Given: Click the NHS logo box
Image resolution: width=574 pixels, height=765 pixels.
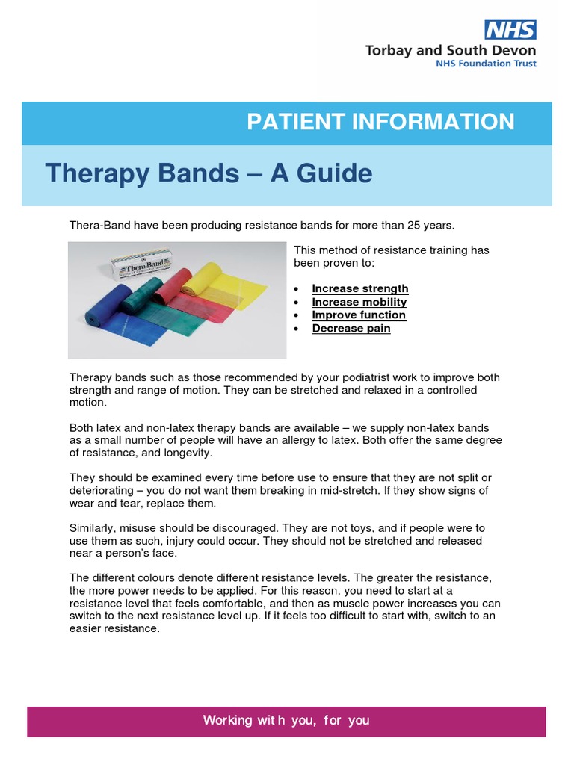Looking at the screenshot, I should (x=510, y=30).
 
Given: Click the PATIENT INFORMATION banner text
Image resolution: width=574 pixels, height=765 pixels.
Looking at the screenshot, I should (x=380, y=122).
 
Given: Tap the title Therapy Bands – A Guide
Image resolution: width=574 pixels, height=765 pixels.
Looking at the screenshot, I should (x=209, y=174).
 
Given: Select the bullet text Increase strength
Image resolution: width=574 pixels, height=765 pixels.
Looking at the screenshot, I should (x=360, y=289).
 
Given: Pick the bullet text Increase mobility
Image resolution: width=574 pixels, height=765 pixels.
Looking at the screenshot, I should (x=359, y=302).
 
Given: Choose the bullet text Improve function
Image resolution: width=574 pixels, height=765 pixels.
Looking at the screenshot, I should (x=359, y=315).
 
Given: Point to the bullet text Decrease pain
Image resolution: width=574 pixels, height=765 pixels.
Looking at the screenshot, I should (x=351, y=329).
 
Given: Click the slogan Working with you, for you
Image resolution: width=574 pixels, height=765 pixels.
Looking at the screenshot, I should (x=286, y=721).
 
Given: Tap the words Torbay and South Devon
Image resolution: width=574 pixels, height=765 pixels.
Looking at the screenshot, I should (x=450, y=51).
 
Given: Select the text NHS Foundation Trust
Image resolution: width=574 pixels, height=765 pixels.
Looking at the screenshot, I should (x=487, y=64).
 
